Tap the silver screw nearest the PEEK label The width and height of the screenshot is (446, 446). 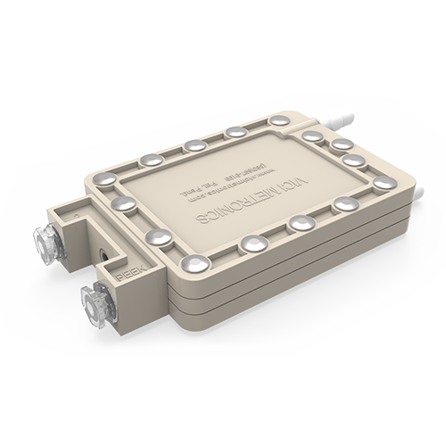coord(194,263)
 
